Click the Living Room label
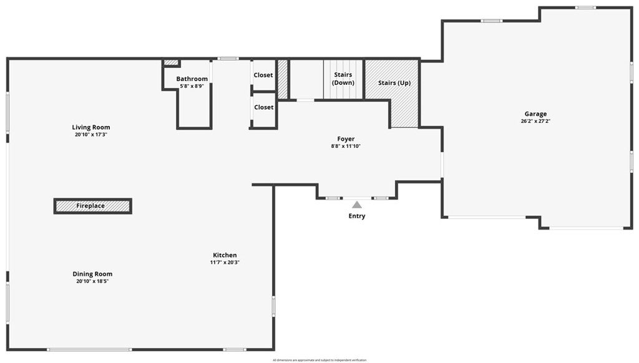91,127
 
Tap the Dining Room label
92,274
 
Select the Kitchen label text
225,255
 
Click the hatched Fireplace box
92,206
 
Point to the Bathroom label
192,79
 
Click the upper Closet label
263,75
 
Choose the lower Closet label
263,107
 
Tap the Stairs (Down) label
343,79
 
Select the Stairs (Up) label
394,82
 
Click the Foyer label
346,139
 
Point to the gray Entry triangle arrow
356,204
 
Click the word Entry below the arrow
357,216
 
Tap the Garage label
535,114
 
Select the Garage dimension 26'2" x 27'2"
535,122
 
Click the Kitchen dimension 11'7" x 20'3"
225,263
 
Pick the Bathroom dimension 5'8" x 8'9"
192,86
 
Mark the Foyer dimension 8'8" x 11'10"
346,147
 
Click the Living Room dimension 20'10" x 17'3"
91,135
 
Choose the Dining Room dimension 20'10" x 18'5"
92,281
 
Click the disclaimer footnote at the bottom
319,360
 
